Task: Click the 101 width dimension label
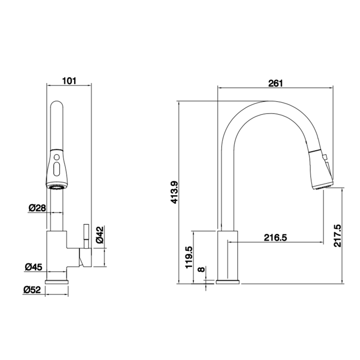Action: coord(69,81)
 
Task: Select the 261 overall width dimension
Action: coord(276,83)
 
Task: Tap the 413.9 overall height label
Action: coord(175,192)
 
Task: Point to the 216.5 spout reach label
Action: coord(276,238)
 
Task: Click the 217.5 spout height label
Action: coord(337,236)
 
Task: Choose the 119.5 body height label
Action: coord(189,257)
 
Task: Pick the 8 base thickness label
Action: coord(201,269)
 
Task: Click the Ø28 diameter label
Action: coord(37,208)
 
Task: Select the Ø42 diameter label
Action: coord(100,234)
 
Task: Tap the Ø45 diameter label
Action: coord(33,267)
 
